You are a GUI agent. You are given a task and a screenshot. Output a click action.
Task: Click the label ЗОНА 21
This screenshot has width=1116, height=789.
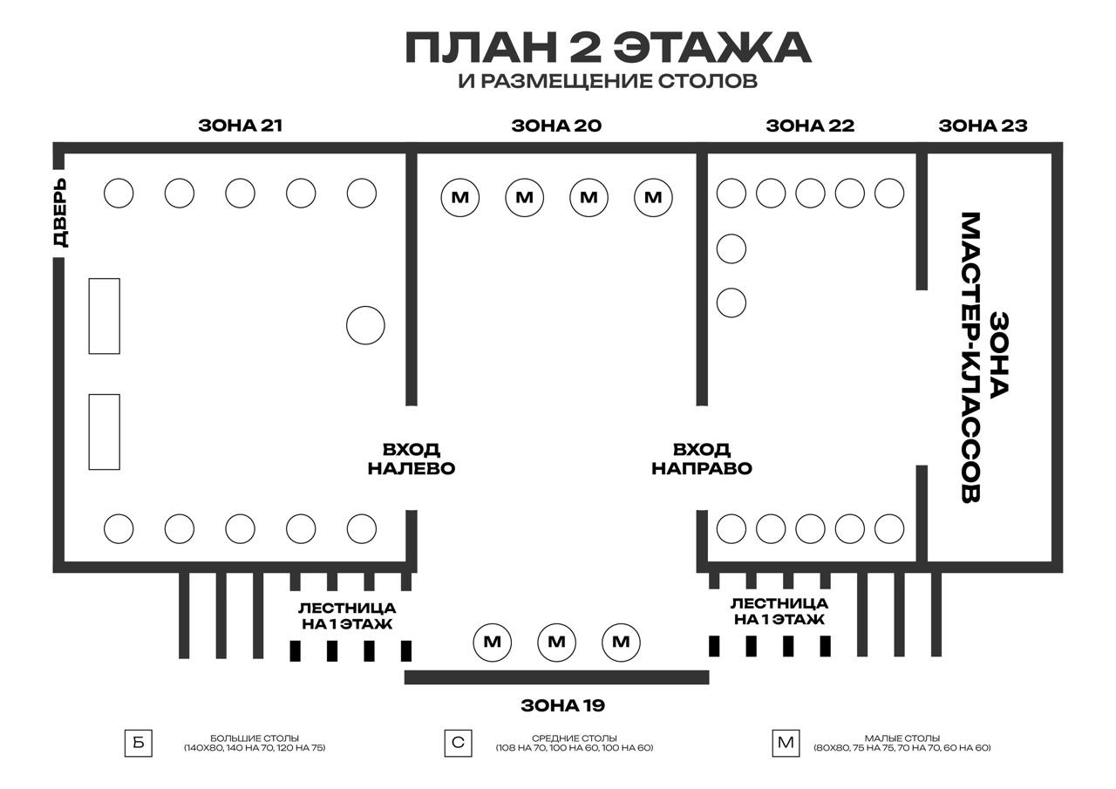240,126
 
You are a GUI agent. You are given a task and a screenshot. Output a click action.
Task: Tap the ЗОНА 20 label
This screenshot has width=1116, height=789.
556,126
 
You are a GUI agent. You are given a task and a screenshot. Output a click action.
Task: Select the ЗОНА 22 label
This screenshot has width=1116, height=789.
810,126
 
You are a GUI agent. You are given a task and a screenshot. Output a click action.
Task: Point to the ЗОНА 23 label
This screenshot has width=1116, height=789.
983,126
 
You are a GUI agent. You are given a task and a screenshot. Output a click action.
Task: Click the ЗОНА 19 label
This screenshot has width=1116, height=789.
563,705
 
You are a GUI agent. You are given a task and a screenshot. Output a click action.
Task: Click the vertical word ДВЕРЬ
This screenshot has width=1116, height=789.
60,213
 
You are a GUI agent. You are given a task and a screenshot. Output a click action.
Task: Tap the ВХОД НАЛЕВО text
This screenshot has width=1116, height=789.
412,459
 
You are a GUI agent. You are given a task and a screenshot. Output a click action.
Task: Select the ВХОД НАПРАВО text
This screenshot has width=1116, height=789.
702,459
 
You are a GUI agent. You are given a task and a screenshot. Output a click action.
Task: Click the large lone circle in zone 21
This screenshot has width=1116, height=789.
365,325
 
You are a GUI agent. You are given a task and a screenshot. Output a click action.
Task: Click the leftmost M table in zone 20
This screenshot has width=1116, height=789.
459,198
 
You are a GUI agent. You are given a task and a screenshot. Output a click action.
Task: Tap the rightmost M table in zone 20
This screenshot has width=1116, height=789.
653,198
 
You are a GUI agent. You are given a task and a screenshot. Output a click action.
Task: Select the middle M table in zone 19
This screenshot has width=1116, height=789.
556,642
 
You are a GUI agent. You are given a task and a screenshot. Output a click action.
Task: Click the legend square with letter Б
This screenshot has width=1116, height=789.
139,744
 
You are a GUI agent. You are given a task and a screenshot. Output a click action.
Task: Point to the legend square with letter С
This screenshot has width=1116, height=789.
458,744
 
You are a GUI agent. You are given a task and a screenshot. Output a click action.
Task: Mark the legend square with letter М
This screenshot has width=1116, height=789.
786,744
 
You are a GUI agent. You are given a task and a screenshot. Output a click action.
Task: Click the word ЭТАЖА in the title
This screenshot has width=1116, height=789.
711,48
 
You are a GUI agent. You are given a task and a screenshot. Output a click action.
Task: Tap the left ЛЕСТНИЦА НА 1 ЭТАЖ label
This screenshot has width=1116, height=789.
347,616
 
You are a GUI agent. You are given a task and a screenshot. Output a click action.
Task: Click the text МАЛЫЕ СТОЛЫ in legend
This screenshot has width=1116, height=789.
902,738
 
